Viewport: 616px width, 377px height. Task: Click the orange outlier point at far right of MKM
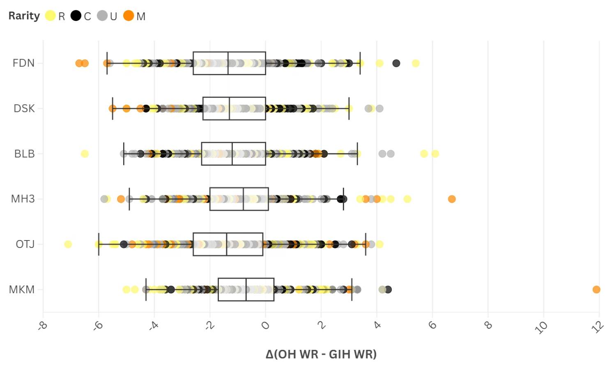pyautogui.click(x=596, y=289)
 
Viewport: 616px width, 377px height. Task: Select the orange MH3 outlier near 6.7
pyautogui.click(x=452, y=199)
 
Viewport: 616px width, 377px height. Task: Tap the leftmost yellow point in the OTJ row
pyautogui.click(x=68, y=244)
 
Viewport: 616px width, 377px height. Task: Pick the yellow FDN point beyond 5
pyautogui.click(x=416, y=63)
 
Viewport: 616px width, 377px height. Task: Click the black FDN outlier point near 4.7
pyautogui.click(x=396, y=63)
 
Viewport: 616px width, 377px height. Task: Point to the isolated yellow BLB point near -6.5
pyautogui.click(x=85, y=154)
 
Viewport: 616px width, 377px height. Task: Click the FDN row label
pyautogui.click(x=23, y=63)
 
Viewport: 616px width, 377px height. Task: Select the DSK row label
pyautogui.click(x=24, y=109)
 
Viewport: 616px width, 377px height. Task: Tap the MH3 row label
pyautogui.click(x=23, y=199)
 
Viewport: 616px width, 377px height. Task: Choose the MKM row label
pyautogui.click(x=22, y=289)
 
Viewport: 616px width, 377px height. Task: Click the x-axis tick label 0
pyautogui.click(x=266, y=326)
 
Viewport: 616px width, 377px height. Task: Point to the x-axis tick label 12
pyautogui.click(x=598, y=327)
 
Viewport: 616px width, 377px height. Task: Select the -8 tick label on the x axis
pyautogui.click(x=42, y=326)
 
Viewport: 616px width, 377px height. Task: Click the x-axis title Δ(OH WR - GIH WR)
pyautogui.click(x=321, y=354)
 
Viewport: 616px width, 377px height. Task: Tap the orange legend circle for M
pyautogui.click(x=129, y=16)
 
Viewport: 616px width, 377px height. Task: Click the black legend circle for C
pyautogui.click(x=76, y=16)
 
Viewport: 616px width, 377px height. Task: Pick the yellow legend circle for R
pyautogui.click(x=50, y=16)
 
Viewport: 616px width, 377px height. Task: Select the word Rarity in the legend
pyautogui.click(x=24, y=16)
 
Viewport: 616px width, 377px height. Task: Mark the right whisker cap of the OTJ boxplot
pyautogui.click(x=365, y=244)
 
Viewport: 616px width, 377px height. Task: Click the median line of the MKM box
pyautogui.click(x=246, y=289)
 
